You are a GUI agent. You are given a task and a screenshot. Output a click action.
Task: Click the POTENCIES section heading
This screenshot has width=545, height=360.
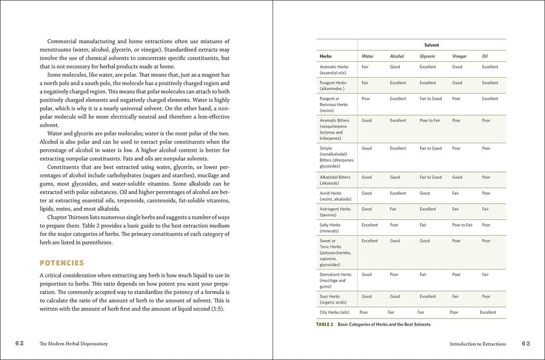click(62, 263)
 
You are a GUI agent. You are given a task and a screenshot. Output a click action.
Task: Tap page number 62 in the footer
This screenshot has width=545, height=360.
click(19, 343)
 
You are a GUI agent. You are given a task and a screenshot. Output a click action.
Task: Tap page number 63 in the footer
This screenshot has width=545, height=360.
click(525, 343)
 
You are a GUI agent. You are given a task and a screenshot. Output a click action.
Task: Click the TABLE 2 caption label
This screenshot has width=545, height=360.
click(324, 324)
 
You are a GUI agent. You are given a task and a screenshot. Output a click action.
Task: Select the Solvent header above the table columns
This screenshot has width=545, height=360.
click(431, 45)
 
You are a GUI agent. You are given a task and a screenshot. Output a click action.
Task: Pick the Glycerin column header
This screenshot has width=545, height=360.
click(427, 56)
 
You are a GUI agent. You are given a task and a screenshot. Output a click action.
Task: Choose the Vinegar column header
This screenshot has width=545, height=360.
click(459, 56)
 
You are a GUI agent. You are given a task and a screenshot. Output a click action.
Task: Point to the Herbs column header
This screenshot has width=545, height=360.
click(326, 56)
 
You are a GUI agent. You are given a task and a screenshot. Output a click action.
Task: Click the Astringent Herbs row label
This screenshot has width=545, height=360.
click(335, 209)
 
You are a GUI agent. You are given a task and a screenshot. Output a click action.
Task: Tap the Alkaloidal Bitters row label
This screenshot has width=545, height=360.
click(335, 177)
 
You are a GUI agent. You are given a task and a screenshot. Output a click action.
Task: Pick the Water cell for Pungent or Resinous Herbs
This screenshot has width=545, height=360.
click(366, 99)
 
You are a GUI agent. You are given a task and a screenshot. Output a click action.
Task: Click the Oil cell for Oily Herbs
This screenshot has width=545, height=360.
click(488, 313)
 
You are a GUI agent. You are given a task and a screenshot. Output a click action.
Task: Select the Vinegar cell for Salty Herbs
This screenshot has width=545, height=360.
click(462, 225)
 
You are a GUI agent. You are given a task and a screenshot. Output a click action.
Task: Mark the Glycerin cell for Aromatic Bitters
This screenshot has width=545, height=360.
click(430, 120)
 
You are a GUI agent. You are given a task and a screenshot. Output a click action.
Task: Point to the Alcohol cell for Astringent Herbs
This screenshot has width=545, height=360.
click(393, 209)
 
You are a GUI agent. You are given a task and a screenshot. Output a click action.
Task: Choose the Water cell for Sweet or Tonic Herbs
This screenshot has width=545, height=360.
click(369, 241)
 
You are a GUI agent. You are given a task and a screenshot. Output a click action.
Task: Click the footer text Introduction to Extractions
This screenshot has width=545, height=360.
click(477, 344)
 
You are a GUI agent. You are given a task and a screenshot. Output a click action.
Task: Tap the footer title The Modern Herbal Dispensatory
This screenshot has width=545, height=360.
click(73, 344)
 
